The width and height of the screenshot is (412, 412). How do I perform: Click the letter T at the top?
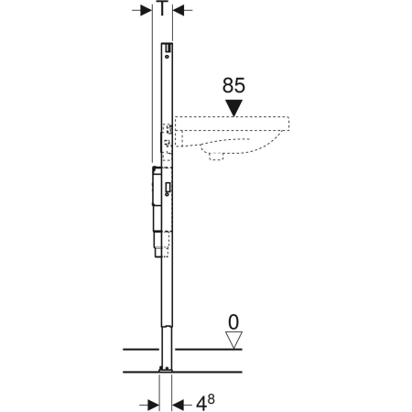(163, 8)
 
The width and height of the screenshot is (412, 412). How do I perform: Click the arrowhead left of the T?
(146, 11)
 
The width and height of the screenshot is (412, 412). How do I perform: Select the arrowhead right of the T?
(179, 11)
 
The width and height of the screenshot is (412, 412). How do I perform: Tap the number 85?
(233, 85)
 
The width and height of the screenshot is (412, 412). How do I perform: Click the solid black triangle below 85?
(233, 108)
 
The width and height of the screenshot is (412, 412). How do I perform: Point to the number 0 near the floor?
(233, 322)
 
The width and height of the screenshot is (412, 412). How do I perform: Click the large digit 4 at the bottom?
(201, 405)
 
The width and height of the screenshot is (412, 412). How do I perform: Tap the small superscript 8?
(211, 398)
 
